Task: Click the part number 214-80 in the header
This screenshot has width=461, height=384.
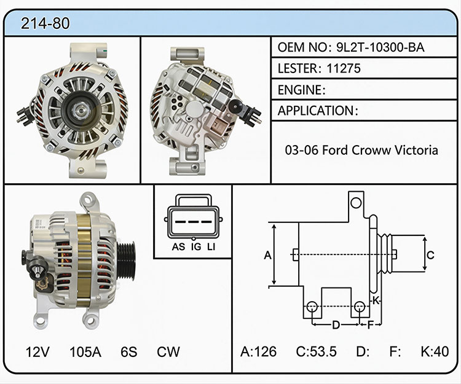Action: (x=45, y=23)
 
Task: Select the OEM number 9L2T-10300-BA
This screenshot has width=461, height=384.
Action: (x=380, y=47)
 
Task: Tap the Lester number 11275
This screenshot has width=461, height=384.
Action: (x=344, y=68)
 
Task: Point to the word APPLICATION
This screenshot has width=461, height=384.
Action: (x=316, y=111)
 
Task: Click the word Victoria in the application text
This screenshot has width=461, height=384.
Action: (x=416, y=150)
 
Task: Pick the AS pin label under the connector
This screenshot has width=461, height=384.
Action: (x=178, y=247)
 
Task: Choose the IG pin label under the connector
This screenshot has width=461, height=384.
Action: (x=196, y=247)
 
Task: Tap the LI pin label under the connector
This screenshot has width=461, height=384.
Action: (x=211, y=247)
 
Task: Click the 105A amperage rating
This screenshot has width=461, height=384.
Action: (x=85, y=351)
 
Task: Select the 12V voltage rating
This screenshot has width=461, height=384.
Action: (x=37, y=351)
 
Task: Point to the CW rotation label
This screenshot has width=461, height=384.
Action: (x=168, y=351)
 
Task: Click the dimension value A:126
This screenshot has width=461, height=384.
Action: (x=258, y=351)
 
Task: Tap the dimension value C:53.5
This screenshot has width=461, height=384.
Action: (x=316, y=351)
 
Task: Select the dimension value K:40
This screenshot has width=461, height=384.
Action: (x=435, y=351)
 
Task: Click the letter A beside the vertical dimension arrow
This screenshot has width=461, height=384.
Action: (x=267, y=255)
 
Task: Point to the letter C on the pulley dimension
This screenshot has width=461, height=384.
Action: (x=430, y=255)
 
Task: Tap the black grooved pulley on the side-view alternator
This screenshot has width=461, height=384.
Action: (x=126, y=261)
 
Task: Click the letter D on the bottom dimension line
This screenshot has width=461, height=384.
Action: (x=336, y=325)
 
